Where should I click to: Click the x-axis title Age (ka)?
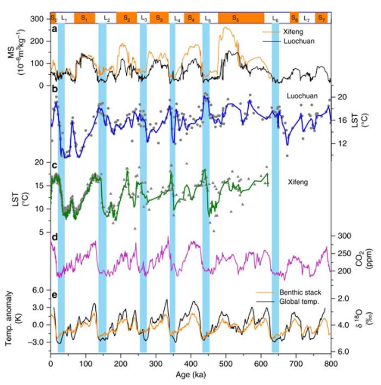190,375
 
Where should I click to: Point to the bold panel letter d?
55,238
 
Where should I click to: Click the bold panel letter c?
55,165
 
